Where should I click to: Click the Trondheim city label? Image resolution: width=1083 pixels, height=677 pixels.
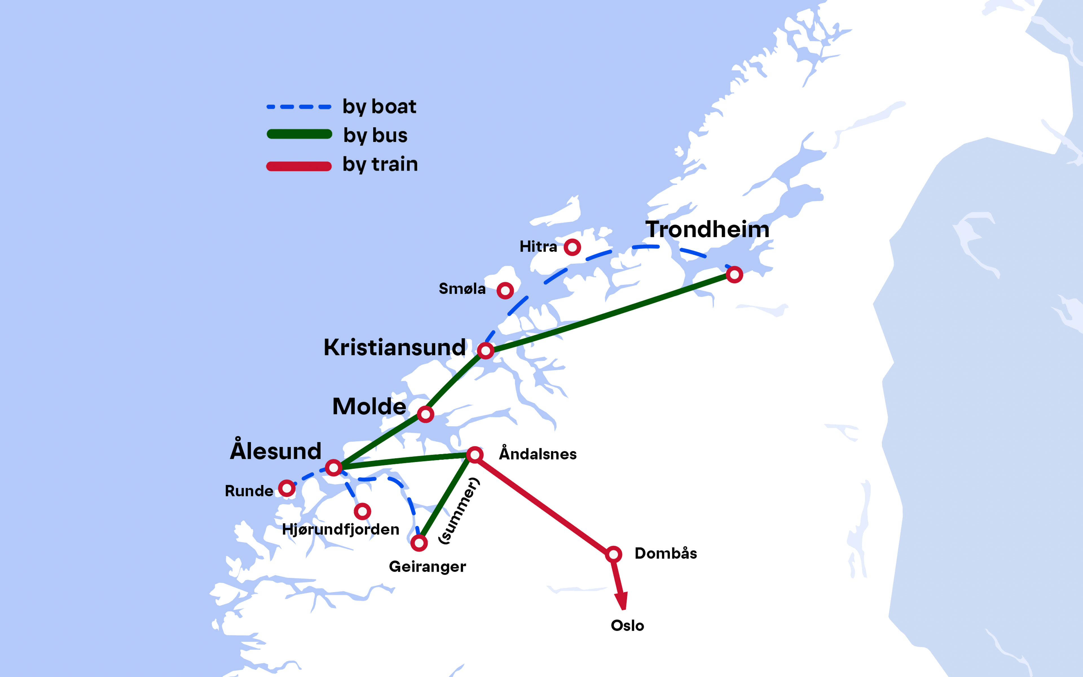tap(707, 229)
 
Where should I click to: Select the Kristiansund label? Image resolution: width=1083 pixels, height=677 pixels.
tap(394, 348)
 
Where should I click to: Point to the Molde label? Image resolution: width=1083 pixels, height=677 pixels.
tap(369, 406)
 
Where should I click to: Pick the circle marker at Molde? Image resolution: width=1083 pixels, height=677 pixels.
tap(425, 414)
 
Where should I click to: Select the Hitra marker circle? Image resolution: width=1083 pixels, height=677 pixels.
tap(572, 247)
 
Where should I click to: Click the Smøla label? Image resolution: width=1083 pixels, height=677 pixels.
tap(462, 289)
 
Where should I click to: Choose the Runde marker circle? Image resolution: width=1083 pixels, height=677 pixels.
tap(287, 488)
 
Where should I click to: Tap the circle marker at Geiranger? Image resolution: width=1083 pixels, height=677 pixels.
tap(419, 543)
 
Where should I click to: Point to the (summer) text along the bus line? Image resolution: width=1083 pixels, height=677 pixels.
tap(459, 511)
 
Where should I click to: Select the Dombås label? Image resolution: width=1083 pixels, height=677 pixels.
tap(666, 553)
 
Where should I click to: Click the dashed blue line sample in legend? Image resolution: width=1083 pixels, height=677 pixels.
tap(298, 107)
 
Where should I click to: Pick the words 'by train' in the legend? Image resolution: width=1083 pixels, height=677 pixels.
tap(380, 164)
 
